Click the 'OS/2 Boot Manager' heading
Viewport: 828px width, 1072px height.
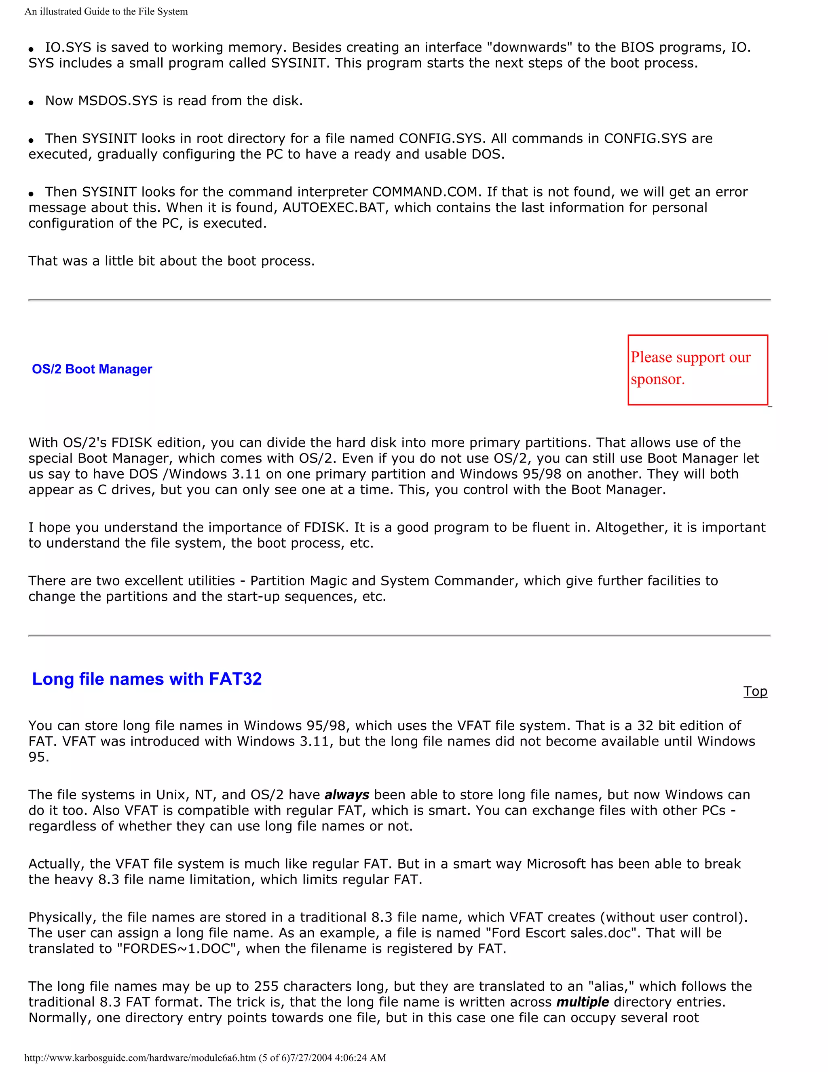[92, 369]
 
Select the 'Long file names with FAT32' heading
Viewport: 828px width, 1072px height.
[147, 679]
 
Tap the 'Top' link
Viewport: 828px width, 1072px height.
[755, 691]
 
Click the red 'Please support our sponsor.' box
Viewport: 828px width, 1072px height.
[697, 370]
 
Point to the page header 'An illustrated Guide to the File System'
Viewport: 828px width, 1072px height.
[106, 11]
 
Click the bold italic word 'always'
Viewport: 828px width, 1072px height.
[347, 794]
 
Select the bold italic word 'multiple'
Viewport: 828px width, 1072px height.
[582, 1002]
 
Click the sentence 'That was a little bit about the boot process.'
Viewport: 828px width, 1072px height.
[171, 261]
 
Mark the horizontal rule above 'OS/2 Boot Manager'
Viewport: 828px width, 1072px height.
[399, 299]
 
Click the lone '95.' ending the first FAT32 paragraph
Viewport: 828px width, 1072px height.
[39, 757]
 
